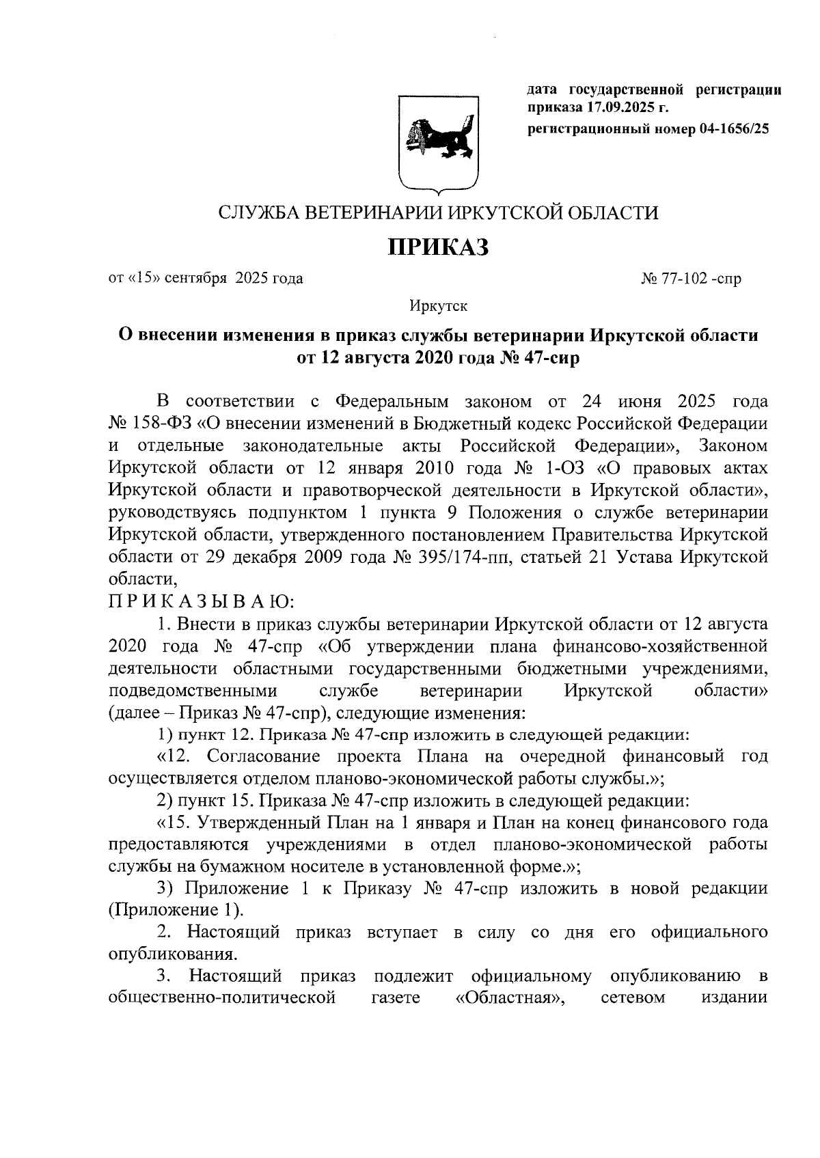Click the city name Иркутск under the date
coord(438,306)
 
